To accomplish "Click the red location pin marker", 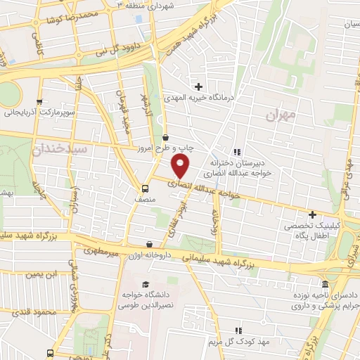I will [181, 167].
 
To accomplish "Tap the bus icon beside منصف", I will [146, 188].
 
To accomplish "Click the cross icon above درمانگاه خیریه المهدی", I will [199, 86].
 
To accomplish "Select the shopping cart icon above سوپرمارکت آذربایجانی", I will [39, 101].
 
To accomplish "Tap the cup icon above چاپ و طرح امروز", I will [165, 137].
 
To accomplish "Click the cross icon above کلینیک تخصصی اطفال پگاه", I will [312, 214].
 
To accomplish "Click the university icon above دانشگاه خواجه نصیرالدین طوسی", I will [145, 285].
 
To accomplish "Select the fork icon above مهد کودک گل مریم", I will [238, 330].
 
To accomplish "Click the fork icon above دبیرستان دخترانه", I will [237, 151].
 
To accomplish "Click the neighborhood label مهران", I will [283, 114].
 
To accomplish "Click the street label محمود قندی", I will [49, 311].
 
